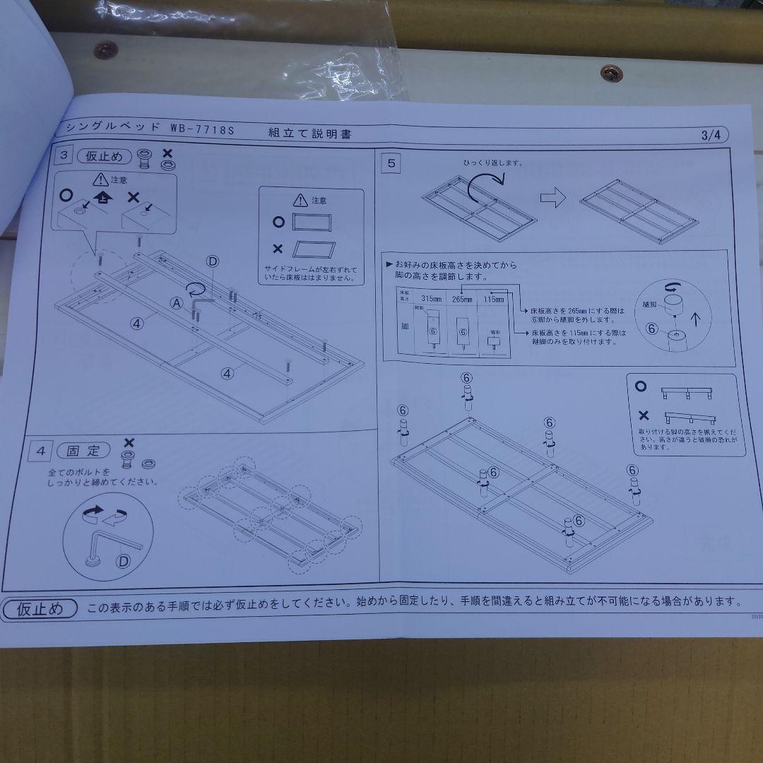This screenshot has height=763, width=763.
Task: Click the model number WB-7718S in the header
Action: [201, 130]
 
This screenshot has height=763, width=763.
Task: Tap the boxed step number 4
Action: [42, 450]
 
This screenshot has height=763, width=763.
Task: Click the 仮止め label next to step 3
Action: [105, 157]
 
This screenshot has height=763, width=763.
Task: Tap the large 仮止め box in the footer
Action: [41, 608]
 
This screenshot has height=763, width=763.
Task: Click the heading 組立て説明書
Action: [309, 133]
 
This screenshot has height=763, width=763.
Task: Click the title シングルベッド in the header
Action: [111, 128]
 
